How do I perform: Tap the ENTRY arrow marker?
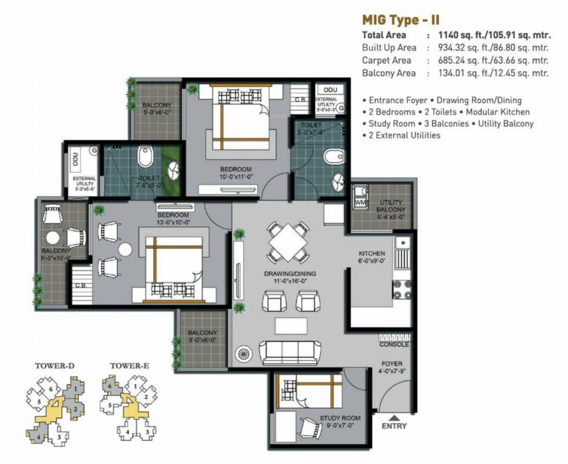tap(394, 417)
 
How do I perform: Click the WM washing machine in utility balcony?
tap(359, 202)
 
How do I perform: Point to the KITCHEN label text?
tap(371, 253)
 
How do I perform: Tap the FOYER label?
tap(392, 364)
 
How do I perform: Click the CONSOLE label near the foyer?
tap(394, 345)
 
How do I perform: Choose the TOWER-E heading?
tap(126, 366)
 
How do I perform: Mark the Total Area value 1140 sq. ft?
tap(460, 35)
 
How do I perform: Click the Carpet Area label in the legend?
tap(387, 60)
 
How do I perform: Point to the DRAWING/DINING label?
tap(290, 274)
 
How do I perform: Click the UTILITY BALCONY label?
tap(391, 209)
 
